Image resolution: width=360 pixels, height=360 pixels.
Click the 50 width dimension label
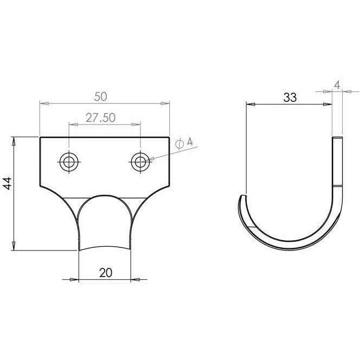click(100, 97)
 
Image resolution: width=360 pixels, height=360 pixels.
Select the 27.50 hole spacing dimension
click(100, 118)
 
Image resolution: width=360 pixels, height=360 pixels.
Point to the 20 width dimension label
click(106, 273)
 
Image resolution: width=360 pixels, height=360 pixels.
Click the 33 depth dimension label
click(290, 98)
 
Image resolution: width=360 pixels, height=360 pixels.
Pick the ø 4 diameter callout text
click(184, 143)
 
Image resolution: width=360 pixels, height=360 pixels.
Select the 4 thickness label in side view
click(337, 85)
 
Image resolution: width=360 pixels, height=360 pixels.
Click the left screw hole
click(69, 162)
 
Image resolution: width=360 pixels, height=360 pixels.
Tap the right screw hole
click(140, 162)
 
